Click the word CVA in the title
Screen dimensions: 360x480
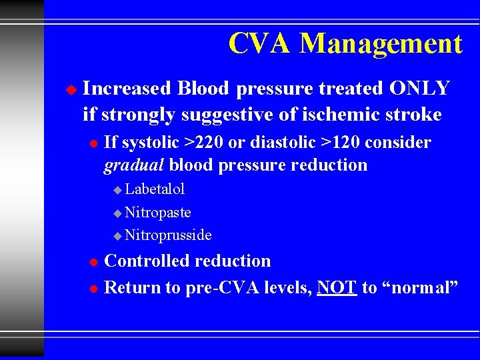(260, 44)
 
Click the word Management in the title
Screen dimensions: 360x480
(381, 44)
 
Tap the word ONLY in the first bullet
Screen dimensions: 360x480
(420, 88)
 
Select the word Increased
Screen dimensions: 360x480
(127, 88)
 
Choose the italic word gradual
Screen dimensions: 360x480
(135, 165)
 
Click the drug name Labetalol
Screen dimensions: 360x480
(155, 189)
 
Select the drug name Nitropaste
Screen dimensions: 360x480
(158, 213)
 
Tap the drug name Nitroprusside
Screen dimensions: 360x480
(168, 235)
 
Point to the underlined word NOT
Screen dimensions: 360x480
(337, 287)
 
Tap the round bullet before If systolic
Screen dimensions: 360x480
(93, 143)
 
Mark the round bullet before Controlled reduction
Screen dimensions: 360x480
(93, 261)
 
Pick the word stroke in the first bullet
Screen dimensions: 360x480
(414, 115)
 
